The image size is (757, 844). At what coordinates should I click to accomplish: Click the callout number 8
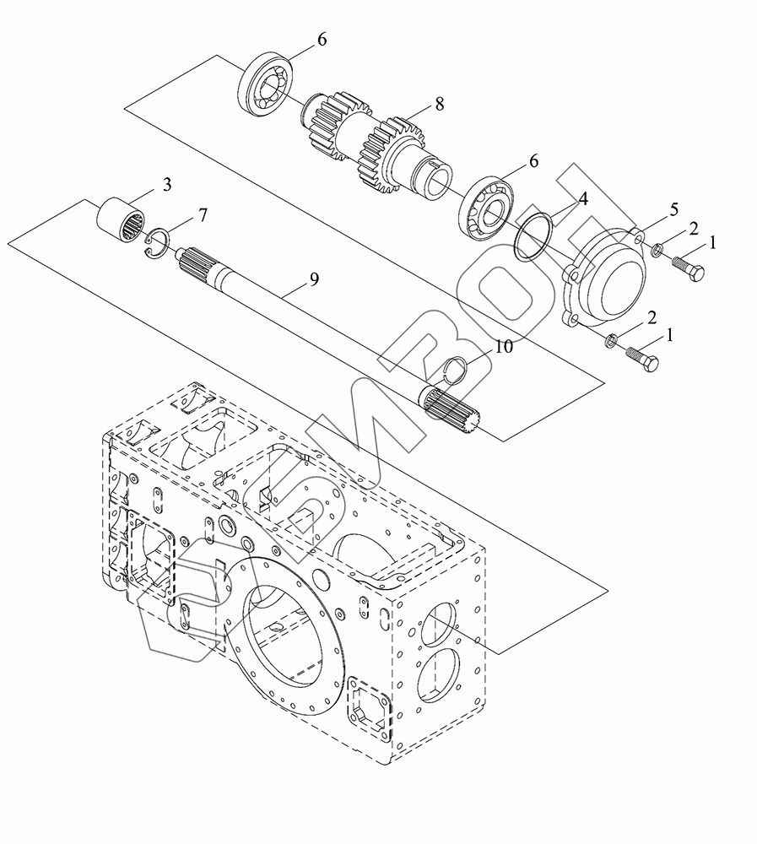click(440, 104)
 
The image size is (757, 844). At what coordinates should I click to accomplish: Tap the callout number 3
click(167, 185)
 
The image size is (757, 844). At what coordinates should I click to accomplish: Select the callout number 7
click(203, 215)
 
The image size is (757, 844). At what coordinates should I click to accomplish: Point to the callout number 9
click(315, 279)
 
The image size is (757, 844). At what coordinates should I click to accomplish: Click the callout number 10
click(504, 347)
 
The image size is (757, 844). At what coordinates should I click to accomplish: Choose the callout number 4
click(582, 198)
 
